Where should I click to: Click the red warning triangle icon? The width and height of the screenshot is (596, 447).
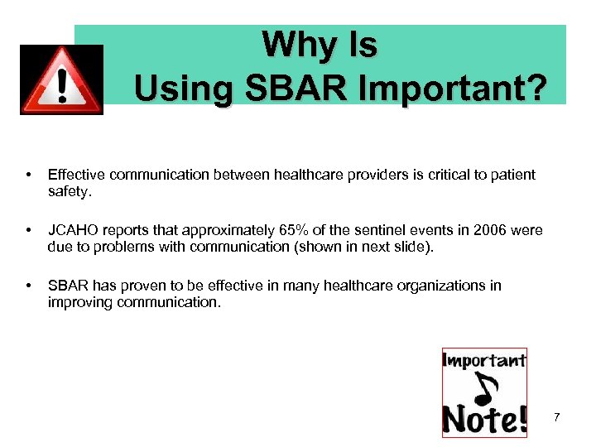(x=61, y=80)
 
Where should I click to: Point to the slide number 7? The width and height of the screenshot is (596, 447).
(x=557, y=417)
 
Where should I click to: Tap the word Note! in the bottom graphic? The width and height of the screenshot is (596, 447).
(x=484, y=419)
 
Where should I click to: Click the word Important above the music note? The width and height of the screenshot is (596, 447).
(x=485, y=360)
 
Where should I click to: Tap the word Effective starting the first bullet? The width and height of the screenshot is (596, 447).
(x=76, y=175)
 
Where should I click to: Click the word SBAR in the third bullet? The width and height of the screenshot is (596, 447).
(x=68, y=286)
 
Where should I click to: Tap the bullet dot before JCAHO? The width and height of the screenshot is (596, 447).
(x=29, y=231)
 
